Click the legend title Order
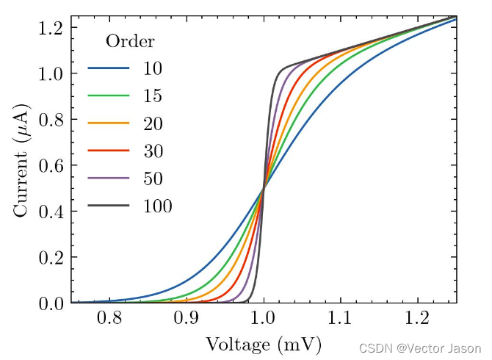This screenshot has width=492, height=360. click(x=130, y=41)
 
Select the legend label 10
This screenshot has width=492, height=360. click(x=153, y=69)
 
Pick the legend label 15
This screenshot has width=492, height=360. click(x=153, y=96)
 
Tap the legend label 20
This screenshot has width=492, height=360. click(x=153, y=123)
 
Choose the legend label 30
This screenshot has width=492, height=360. click(x=153, y=151)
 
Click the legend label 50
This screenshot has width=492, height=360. click(x=153, y=179)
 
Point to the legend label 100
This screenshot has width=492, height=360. click(x=157, y=206)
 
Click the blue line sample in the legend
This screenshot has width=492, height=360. click(x=109, y=69)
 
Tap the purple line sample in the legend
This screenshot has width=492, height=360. click(x=109, y=179)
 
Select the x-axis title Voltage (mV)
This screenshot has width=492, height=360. click(x=264, y=344)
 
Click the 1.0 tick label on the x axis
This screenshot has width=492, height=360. click(x=264, y=318)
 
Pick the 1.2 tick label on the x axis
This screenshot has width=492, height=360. click(x=418, y=318)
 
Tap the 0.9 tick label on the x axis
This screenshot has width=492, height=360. click(x=187, y=318)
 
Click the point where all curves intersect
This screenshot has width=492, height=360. click(x=264, y=188)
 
